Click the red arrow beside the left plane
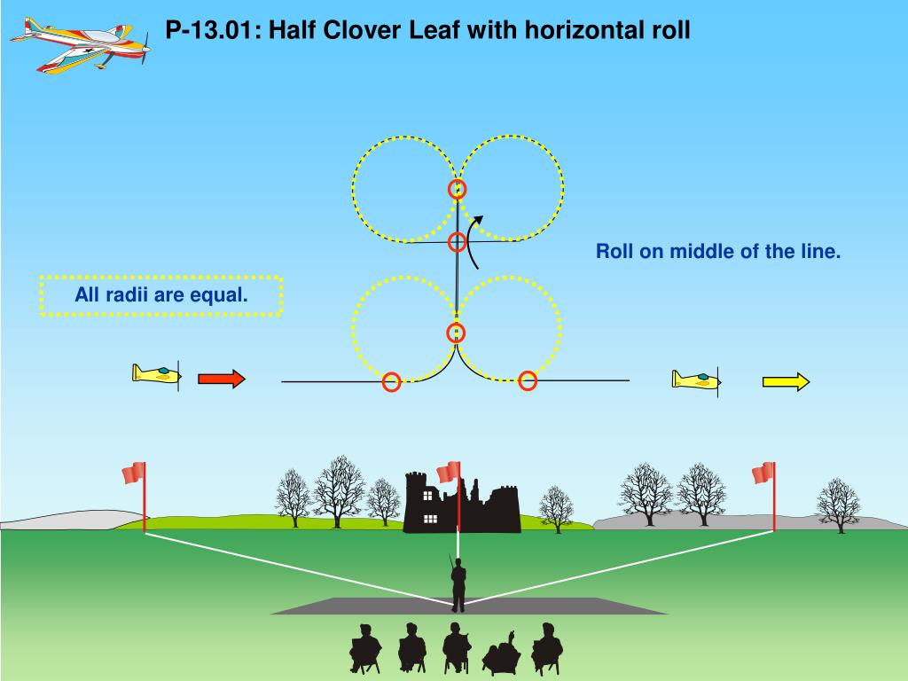[x=220, y=380]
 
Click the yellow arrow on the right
[x=786, y=382]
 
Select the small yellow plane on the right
[x=697, y=380]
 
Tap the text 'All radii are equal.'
[x=160, y=295]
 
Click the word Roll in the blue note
[x=615, y=252]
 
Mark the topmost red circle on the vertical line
[x=457, y=189]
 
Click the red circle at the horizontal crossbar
[x=457, y=241]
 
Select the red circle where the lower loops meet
[x=456, y=333]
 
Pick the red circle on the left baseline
[x=391, y=382]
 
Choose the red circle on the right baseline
[x=528, y=380]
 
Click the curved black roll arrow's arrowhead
[x=479, y=220]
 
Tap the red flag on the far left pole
[x=134, y=474]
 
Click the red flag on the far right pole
[x=763, y=474]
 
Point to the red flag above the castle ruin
[x=449, y=472]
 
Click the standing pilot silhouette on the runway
[x=458, y=585]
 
